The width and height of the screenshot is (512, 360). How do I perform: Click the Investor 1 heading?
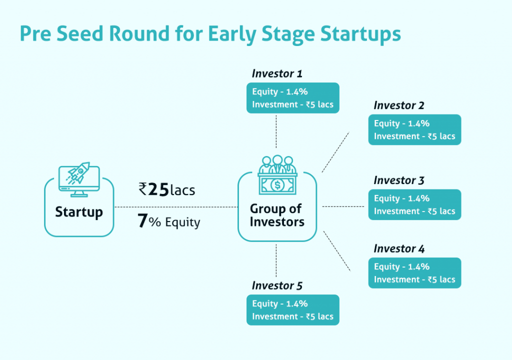tap(277, 73)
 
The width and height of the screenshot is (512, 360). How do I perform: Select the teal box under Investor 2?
tap(414, 129)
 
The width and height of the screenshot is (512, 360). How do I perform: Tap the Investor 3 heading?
tap(398, 180)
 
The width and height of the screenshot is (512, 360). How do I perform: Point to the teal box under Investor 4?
tap(414, 273)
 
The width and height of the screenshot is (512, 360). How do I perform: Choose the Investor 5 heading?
tap(277, 285)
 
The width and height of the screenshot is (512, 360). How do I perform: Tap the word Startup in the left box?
tap(79, 212)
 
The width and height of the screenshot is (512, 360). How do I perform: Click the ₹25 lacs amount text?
tap(167, 189)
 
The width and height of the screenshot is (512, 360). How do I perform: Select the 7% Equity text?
tap(168, 221)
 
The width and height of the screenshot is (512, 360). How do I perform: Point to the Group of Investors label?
tap(277, 215)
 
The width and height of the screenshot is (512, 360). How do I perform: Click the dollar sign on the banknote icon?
tap(277, 185)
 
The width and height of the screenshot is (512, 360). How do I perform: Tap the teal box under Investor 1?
tap(293, 98)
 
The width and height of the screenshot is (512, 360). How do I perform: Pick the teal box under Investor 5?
tap(293, 310)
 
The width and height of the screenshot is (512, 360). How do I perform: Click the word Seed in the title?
tap(80, 33)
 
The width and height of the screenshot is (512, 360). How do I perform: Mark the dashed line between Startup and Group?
tap(176, 207)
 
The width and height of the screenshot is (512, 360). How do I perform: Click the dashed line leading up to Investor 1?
tap(276, 131)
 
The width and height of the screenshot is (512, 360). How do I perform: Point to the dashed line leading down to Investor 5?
tap(276, 260)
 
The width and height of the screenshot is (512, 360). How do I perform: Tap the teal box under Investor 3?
tap(414, 204)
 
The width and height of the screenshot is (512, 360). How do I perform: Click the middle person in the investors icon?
tap(277, 164)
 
